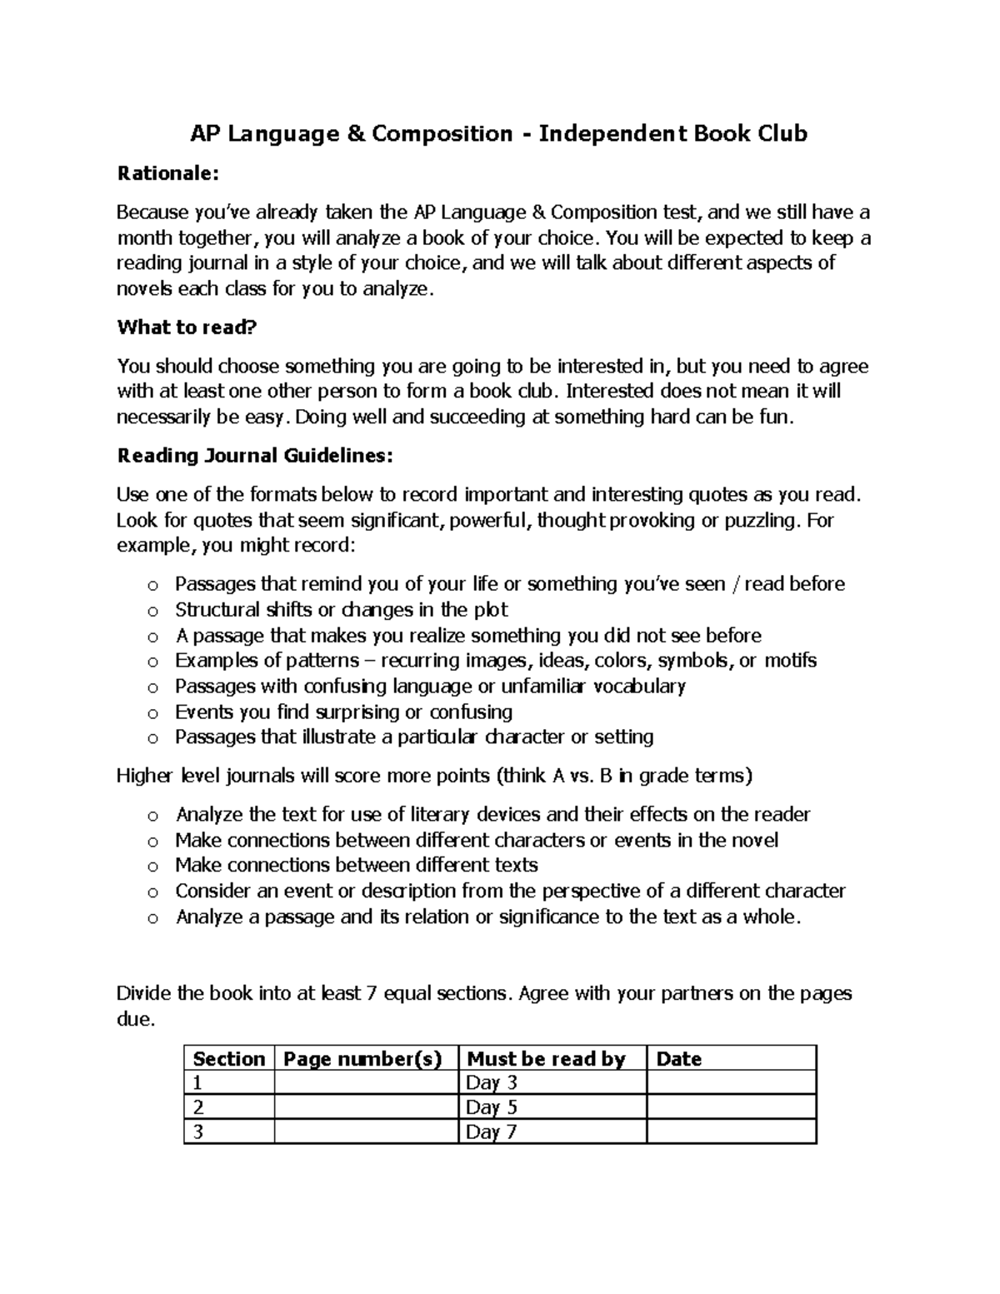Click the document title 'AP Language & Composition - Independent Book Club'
pos(499,133)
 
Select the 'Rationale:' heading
pos(167,173)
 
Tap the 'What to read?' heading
pos(187,327)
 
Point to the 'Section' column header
pos(228,1059)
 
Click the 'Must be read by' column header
pos(546,1059)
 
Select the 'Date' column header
pos(678,1059)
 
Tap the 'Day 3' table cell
pos(492,1083)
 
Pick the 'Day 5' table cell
pos(492,1107)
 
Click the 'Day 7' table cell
pos(492,1132)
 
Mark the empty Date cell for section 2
pos(731,1107)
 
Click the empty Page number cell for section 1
pos(366,1083)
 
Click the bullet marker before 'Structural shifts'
pos(152,611)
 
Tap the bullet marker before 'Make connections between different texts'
pos(152,867)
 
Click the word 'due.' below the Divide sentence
pos(135,1019)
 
